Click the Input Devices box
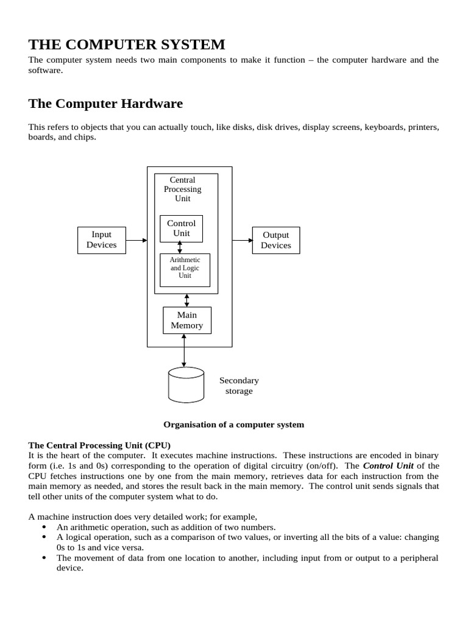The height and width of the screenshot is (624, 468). pyautogui.click(x=102, y=240)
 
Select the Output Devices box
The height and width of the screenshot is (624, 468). pyautogui.click(x=275, y=240)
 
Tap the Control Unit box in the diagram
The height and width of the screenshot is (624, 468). pyautogui.click(x=181, y=229)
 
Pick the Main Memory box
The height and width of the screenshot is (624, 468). pyautogui.click(x=186, y=320)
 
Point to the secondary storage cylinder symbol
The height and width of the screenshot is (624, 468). pyautogui.click(x=186, y=385)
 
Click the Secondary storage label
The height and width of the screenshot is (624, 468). pyautogui.click(x=239, y=386)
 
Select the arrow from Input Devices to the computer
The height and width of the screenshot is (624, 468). pyautogui.click(x=136, y=240)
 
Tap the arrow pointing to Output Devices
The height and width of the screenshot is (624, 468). pyautogui.click(x=242, y=240)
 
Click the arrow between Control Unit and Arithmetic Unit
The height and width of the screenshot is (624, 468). pyautogui.click(x=180, y=247)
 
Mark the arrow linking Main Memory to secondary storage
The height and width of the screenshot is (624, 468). pyautogui.click(x=183, y=350)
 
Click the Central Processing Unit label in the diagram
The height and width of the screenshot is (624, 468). pyautogui.click(x=182, y=189)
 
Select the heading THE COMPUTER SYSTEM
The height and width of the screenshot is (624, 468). pyautogui.click(x=127, y=44)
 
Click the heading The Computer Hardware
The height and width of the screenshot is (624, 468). pyautogui.click(x=105, y=104)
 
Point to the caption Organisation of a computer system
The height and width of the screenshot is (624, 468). pyautogui.click(x=233, y=424)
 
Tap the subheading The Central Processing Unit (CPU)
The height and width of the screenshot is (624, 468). pyautogui.click(x=100, y=445)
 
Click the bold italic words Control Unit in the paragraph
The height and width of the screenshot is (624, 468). pyautogui.click(x=388, y=466)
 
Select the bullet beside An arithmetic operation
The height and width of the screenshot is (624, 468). pyautogui.click(x=44, y=526)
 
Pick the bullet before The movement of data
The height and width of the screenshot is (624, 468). pyautogui.click(x=44, y=557)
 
